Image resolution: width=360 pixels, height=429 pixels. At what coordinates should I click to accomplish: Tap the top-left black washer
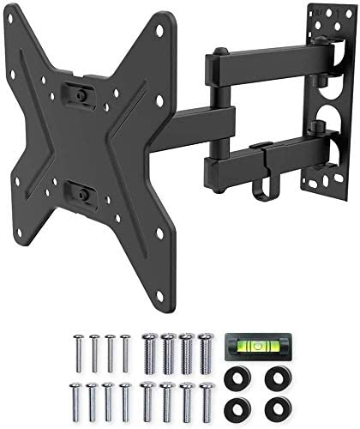(x=237, y=374)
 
